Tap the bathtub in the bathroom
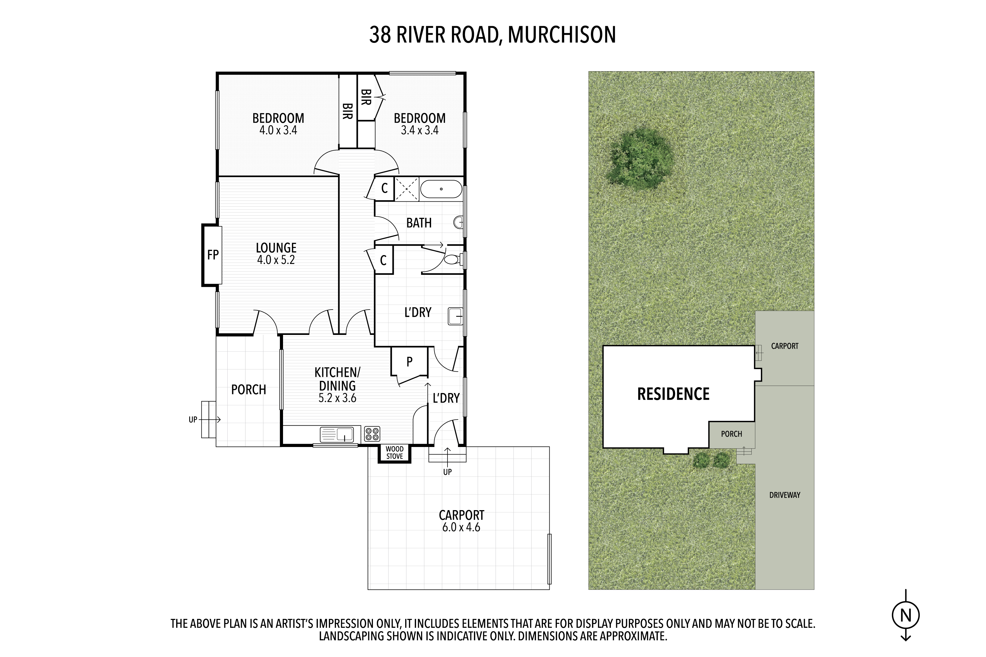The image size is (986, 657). [x=441, y=189]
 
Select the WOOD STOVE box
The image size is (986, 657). [x=395, y=453]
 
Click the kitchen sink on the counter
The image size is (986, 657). [x=337, y=434]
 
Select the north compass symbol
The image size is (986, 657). [x=906, y=616]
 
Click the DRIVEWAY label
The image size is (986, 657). [x=785, y=495]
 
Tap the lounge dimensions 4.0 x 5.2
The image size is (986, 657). [x=276, y=260]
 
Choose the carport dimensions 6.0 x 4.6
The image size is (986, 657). [x=461, y=527]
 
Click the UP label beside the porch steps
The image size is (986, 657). [x=193, y=419]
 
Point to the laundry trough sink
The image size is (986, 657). [x=455, y=316]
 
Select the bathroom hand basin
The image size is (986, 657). [x=459, y=222]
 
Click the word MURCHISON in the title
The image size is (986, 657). [x=562, y=35]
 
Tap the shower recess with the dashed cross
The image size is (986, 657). [x=407, y=189]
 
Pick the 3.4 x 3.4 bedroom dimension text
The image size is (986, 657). [x=420, y=130]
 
